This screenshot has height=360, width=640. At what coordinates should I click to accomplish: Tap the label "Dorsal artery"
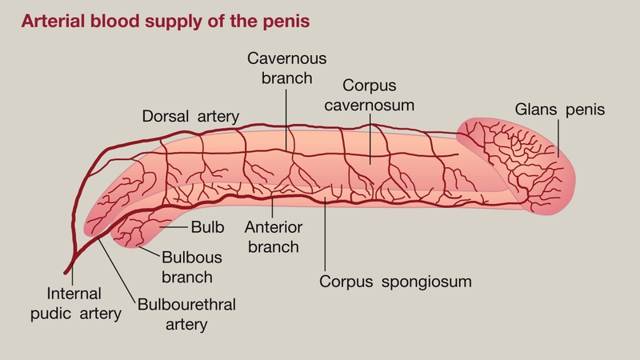pyautogui.click(x=190, y=116)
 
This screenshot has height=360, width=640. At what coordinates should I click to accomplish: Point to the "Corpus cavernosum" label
pyautogui.click(x=370, y=94)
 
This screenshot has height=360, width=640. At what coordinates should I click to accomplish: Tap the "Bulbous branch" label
pyautogui.click(x=187, y=268)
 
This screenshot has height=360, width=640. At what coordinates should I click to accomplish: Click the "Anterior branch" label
pyautogui.click(x=273, y=236)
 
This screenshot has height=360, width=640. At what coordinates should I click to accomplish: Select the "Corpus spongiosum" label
pyautogui.click(x=395, y=282)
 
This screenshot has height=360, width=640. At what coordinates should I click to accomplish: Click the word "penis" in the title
pyautogui.click(x=283, y=21)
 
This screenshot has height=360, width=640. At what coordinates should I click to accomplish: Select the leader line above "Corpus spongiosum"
pyautogui.click(x=326, y=240)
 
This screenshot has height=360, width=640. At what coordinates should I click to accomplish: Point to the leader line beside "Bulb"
pyautogui.click(x=174, y=228)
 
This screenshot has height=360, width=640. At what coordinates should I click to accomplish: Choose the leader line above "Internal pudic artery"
pyautogui.click(x=72, y=276)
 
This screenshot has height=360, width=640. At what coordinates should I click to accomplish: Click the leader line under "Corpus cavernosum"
pyautogui.click(x=370, y=136)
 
